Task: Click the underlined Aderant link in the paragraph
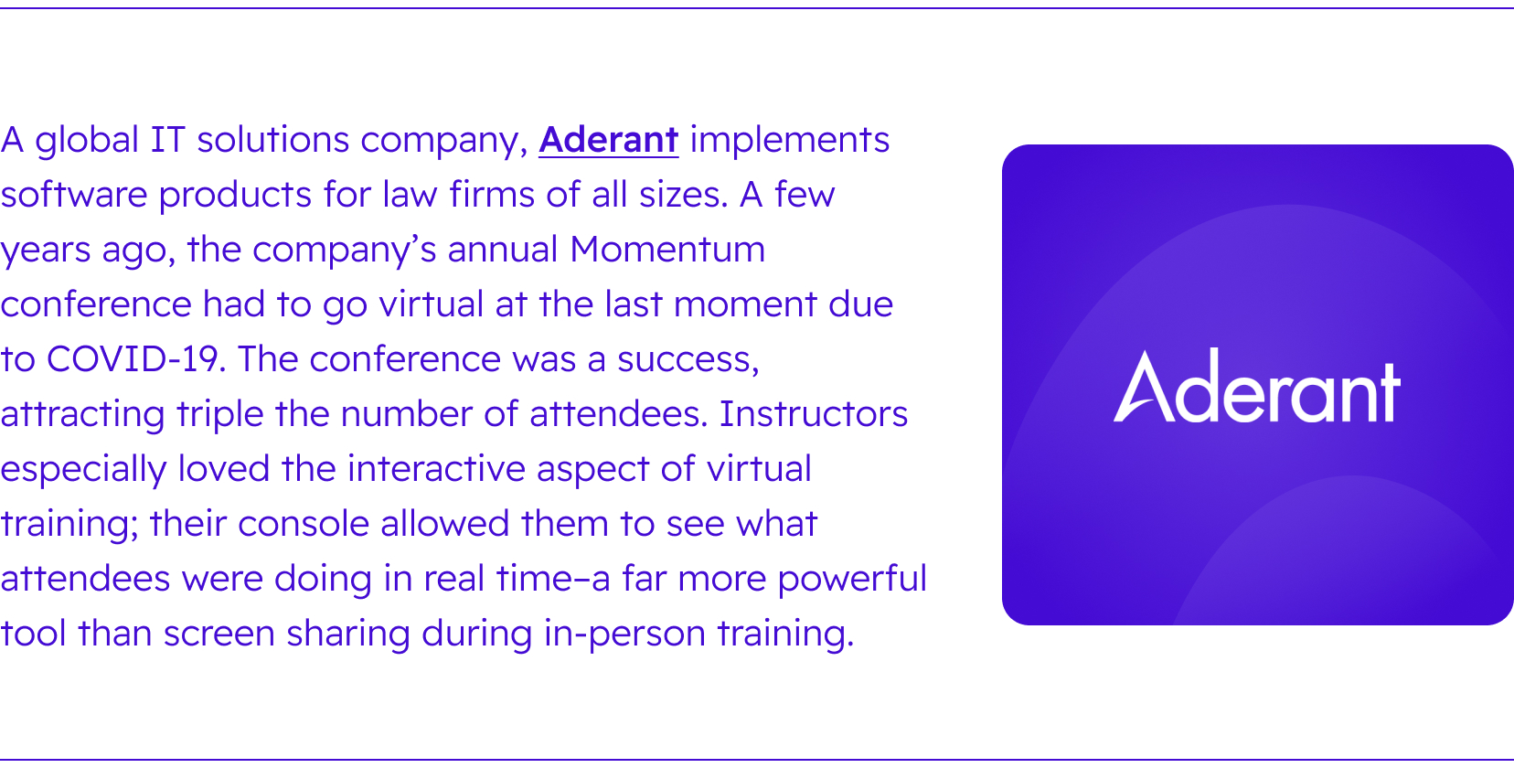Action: tap(608, 140)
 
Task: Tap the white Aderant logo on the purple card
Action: tap(1257, 385)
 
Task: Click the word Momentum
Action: tap(667, 249)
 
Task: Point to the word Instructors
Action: tap(813, 414)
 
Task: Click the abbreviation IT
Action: tap(167, 140)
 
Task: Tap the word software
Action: tap(74, 195)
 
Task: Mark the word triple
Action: tap(219, 415)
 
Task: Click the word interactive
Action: tap(436, 468)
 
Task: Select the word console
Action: tap(304, 523)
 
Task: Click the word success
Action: tap(688, 360)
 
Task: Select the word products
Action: tap(235, 196)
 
